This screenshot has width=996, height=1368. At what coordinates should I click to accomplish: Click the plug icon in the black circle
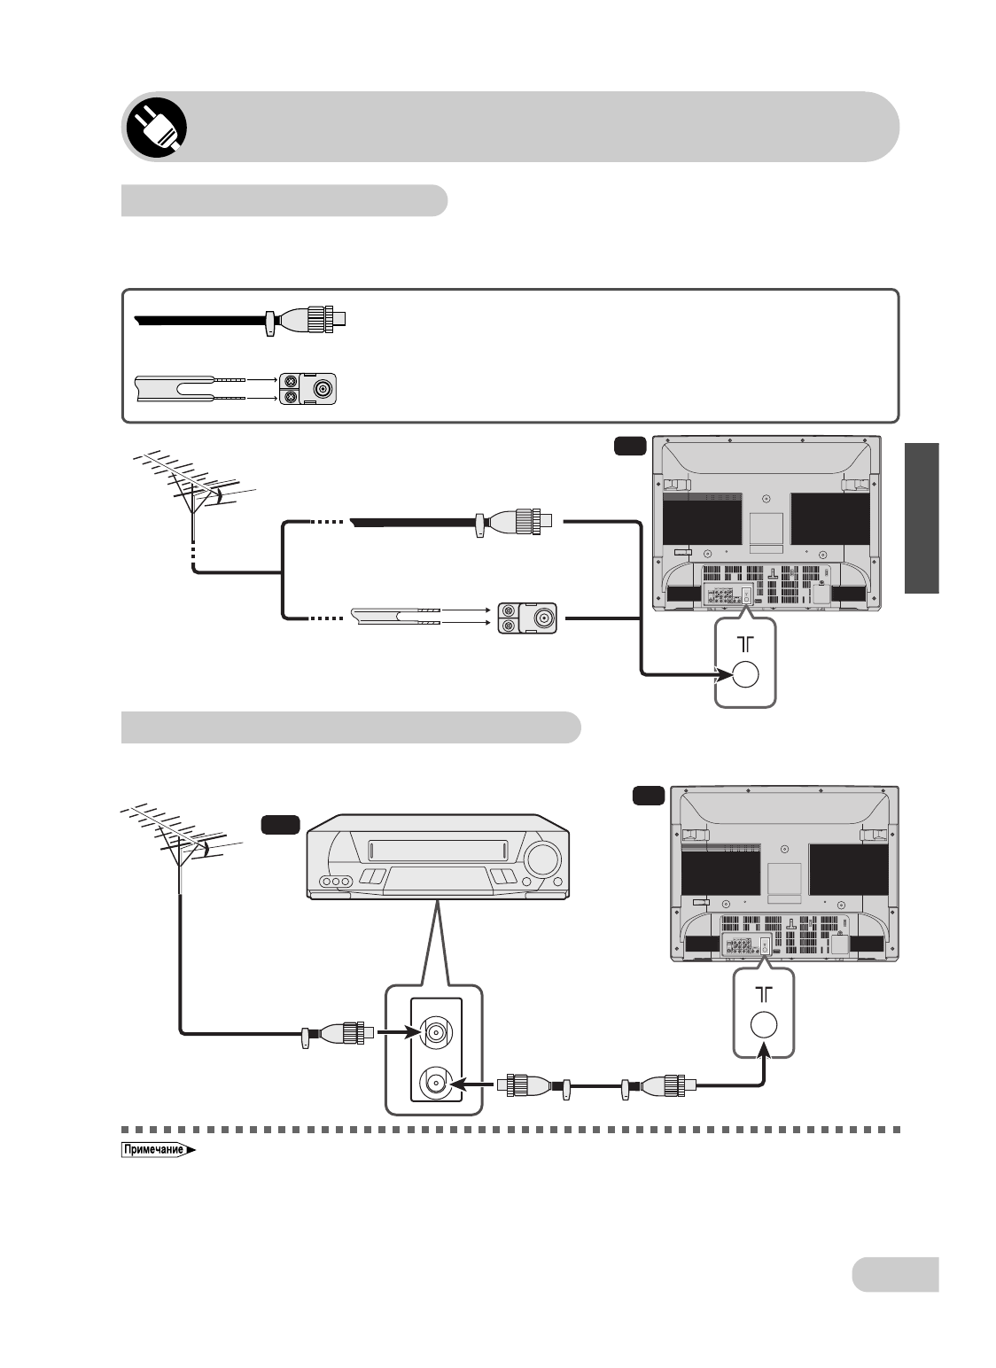pyautogui.click(x=154, y=126)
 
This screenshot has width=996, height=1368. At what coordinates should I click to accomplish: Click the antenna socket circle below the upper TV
pyautogui.click(x=746, y=675)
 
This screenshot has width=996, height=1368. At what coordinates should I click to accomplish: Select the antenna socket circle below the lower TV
pyautogui.click(x=764, y=1025)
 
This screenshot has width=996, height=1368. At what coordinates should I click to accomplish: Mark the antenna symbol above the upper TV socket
pyautogui.click(x=745, y=644)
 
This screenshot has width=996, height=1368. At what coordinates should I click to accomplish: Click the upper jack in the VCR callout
pyautogui.click(x=437, y=1032)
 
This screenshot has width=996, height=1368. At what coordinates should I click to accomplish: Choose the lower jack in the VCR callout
pyautogui.click(x=437, y=1083)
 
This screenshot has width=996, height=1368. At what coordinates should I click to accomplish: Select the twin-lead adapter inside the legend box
pyautogui.click(x=309, y=388)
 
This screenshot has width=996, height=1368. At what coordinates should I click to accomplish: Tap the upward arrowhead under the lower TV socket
pyautogui.click(x=764, y=1053)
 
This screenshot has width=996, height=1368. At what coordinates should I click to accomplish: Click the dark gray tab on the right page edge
pyautogui.click(x=922, y=519)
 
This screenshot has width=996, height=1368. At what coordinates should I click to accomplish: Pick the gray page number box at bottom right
pyautogui.click(x=895, y=1274)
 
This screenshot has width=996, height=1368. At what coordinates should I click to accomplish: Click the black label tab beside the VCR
pyautogui.click(x=280, y=825)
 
